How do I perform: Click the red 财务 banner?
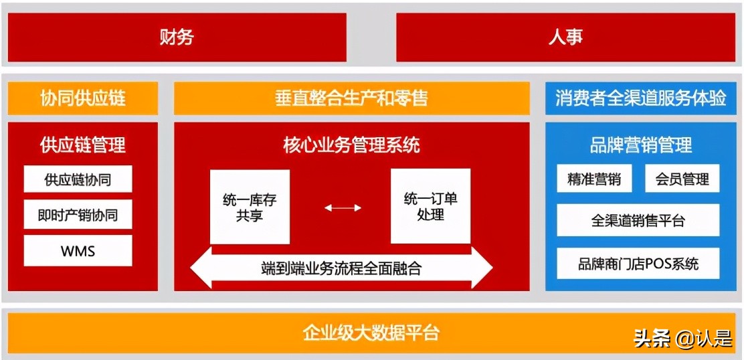[x=177, y=37]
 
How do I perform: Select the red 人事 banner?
[x=565, y=37]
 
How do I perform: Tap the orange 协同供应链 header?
[x=83, y=99]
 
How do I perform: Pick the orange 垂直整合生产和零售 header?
[x=351, y=99]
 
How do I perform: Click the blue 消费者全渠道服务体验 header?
[x=640, y=99]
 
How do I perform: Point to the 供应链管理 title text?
[x=83, y=145]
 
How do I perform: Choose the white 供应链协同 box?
[x=78, y=179]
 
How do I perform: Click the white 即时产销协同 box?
[x=78, y=215]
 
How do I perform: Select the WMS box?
[x=78, y=251]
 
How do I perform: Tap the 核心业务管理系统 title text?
[x=351, y=145]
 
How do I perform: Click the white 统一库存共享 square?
[x=250, y=207]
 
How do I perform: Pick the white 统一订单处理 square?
[x=430, y=207]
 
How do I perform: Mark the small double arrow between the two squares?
[x=343, y=208]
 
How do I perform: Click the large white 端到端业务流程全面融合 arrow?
[x=341, y=269]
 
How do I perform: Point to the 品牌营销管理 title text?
[x=640, y=145]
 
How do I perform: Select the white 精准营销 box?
[x=593, y=179]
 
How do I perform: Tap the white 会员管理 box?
[x=682, y=179]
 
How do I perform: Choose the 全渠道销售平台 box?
[x=638, y=220]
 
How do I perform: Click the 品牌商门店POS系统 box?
[x=638, y=264]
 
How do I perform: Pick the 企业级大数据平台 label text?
[x=371, y=333]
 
